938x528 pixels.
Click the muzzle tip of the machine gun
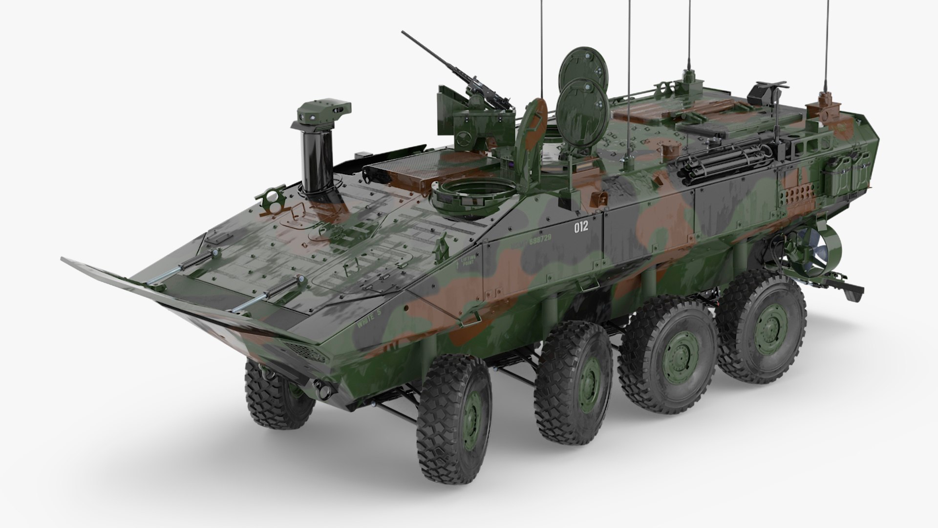click(x=404, y=33)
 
